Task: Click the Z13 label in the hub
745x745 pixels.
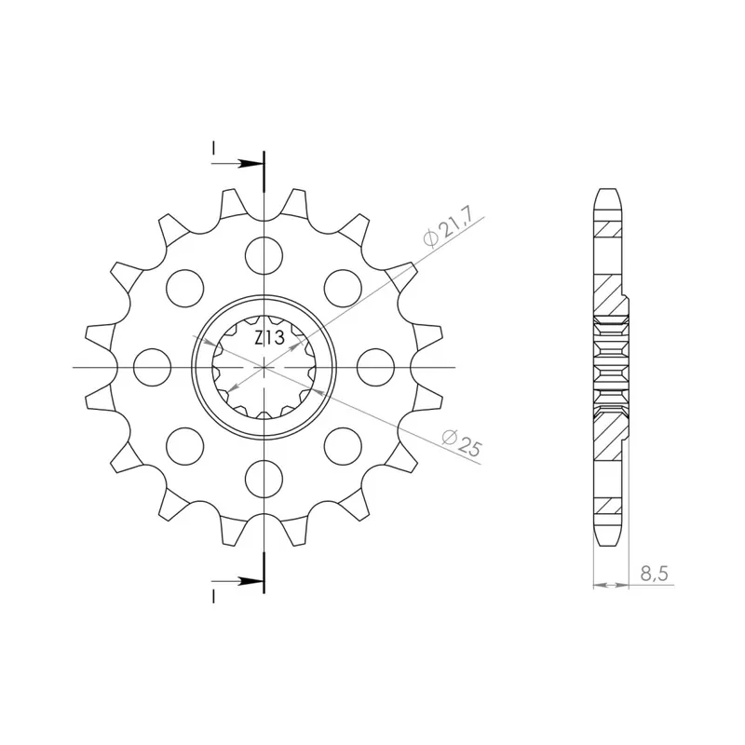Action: (269, 338)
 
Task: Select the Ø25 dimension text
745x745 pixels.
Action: (461, 443)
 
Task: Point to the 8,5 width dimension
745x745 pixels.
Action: (655, 574)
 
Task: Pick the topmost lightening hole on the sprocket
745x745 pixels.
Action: (264, 256)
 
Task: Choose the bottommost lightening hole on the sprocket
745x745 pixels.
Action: (264, 479)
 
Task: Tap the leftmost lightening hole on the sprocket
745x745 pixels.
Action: (153, 367)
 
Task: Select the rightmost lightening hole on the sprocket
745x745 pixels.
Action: (375, 367)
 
